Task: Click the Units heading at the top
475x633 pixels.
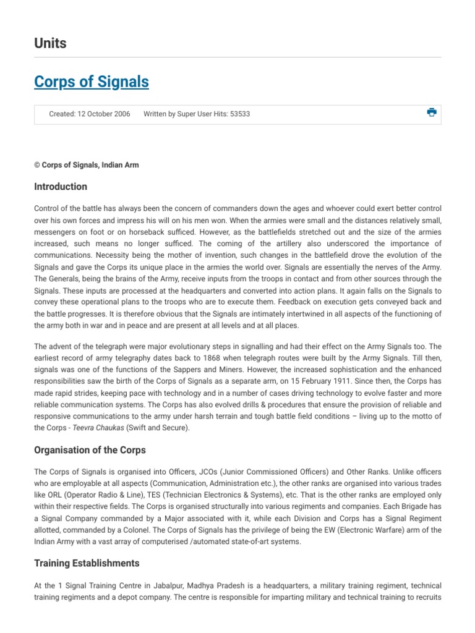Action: [50, 43]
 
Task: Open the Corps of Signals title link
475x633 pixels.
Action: [92, 82]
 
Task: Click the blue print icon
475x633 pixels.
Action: [431, 112]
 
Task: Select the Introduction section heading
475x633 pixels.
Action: [61, 187]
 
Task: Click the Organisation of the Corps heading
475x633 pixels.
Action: [90, 449]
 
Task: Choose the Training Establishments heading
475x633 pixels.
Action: [87, 563]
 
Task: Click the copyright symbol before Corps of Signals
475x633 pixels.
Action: [37, 165]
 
